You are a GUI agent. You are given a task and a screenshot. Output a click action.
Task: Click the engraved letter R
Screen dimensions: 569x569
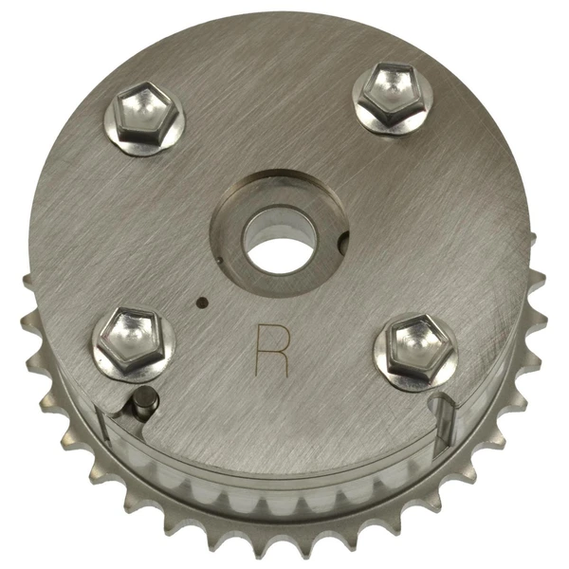point(273,352)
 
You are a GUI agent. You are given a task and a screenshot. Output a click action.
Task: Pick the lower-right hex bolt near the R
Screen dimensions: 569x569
point(413,346)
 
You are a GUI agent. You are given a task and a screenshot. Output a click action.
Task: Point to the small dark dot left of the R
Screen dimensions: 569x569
point(200,303)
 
